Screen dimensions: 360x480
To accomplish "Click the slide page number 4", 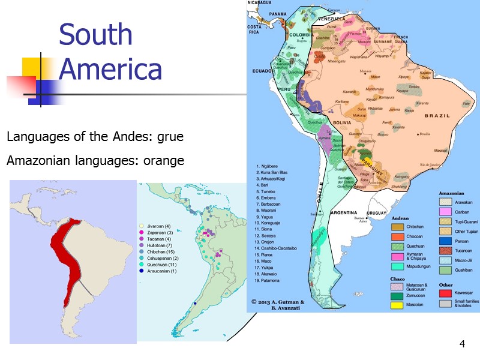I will click(462, 344).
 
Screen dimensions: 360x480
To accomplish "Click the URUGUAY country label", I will click(376, 212).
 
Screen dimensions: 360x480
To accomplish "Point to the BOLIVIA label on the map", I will click(341, 122).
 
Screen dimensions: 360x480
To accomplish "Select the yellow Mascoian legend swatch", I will click(397, 304).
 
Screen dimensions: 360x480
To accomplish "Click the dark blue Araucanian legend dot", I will click(141, 271).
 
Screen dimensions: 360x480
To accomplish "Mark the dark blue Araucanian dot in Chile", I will click(196, 304).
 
